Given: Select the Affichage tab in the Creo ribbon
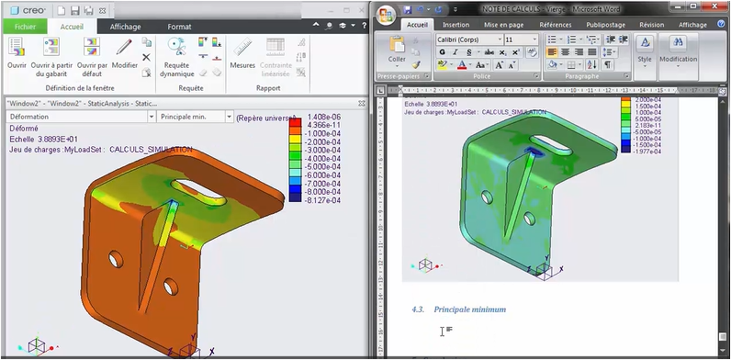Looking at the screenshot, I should pos(126,27).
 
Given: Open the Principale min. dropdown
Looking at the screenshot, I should pos(193,118).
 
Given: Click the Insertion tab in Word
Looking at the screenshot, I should pos(455,25).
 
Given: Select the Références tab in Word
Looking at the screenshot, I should pos(555,25).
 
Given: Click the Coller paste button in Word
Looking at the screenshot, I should pos(397,50).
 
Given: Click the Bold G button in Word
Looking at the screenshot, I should pos(442,52).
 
